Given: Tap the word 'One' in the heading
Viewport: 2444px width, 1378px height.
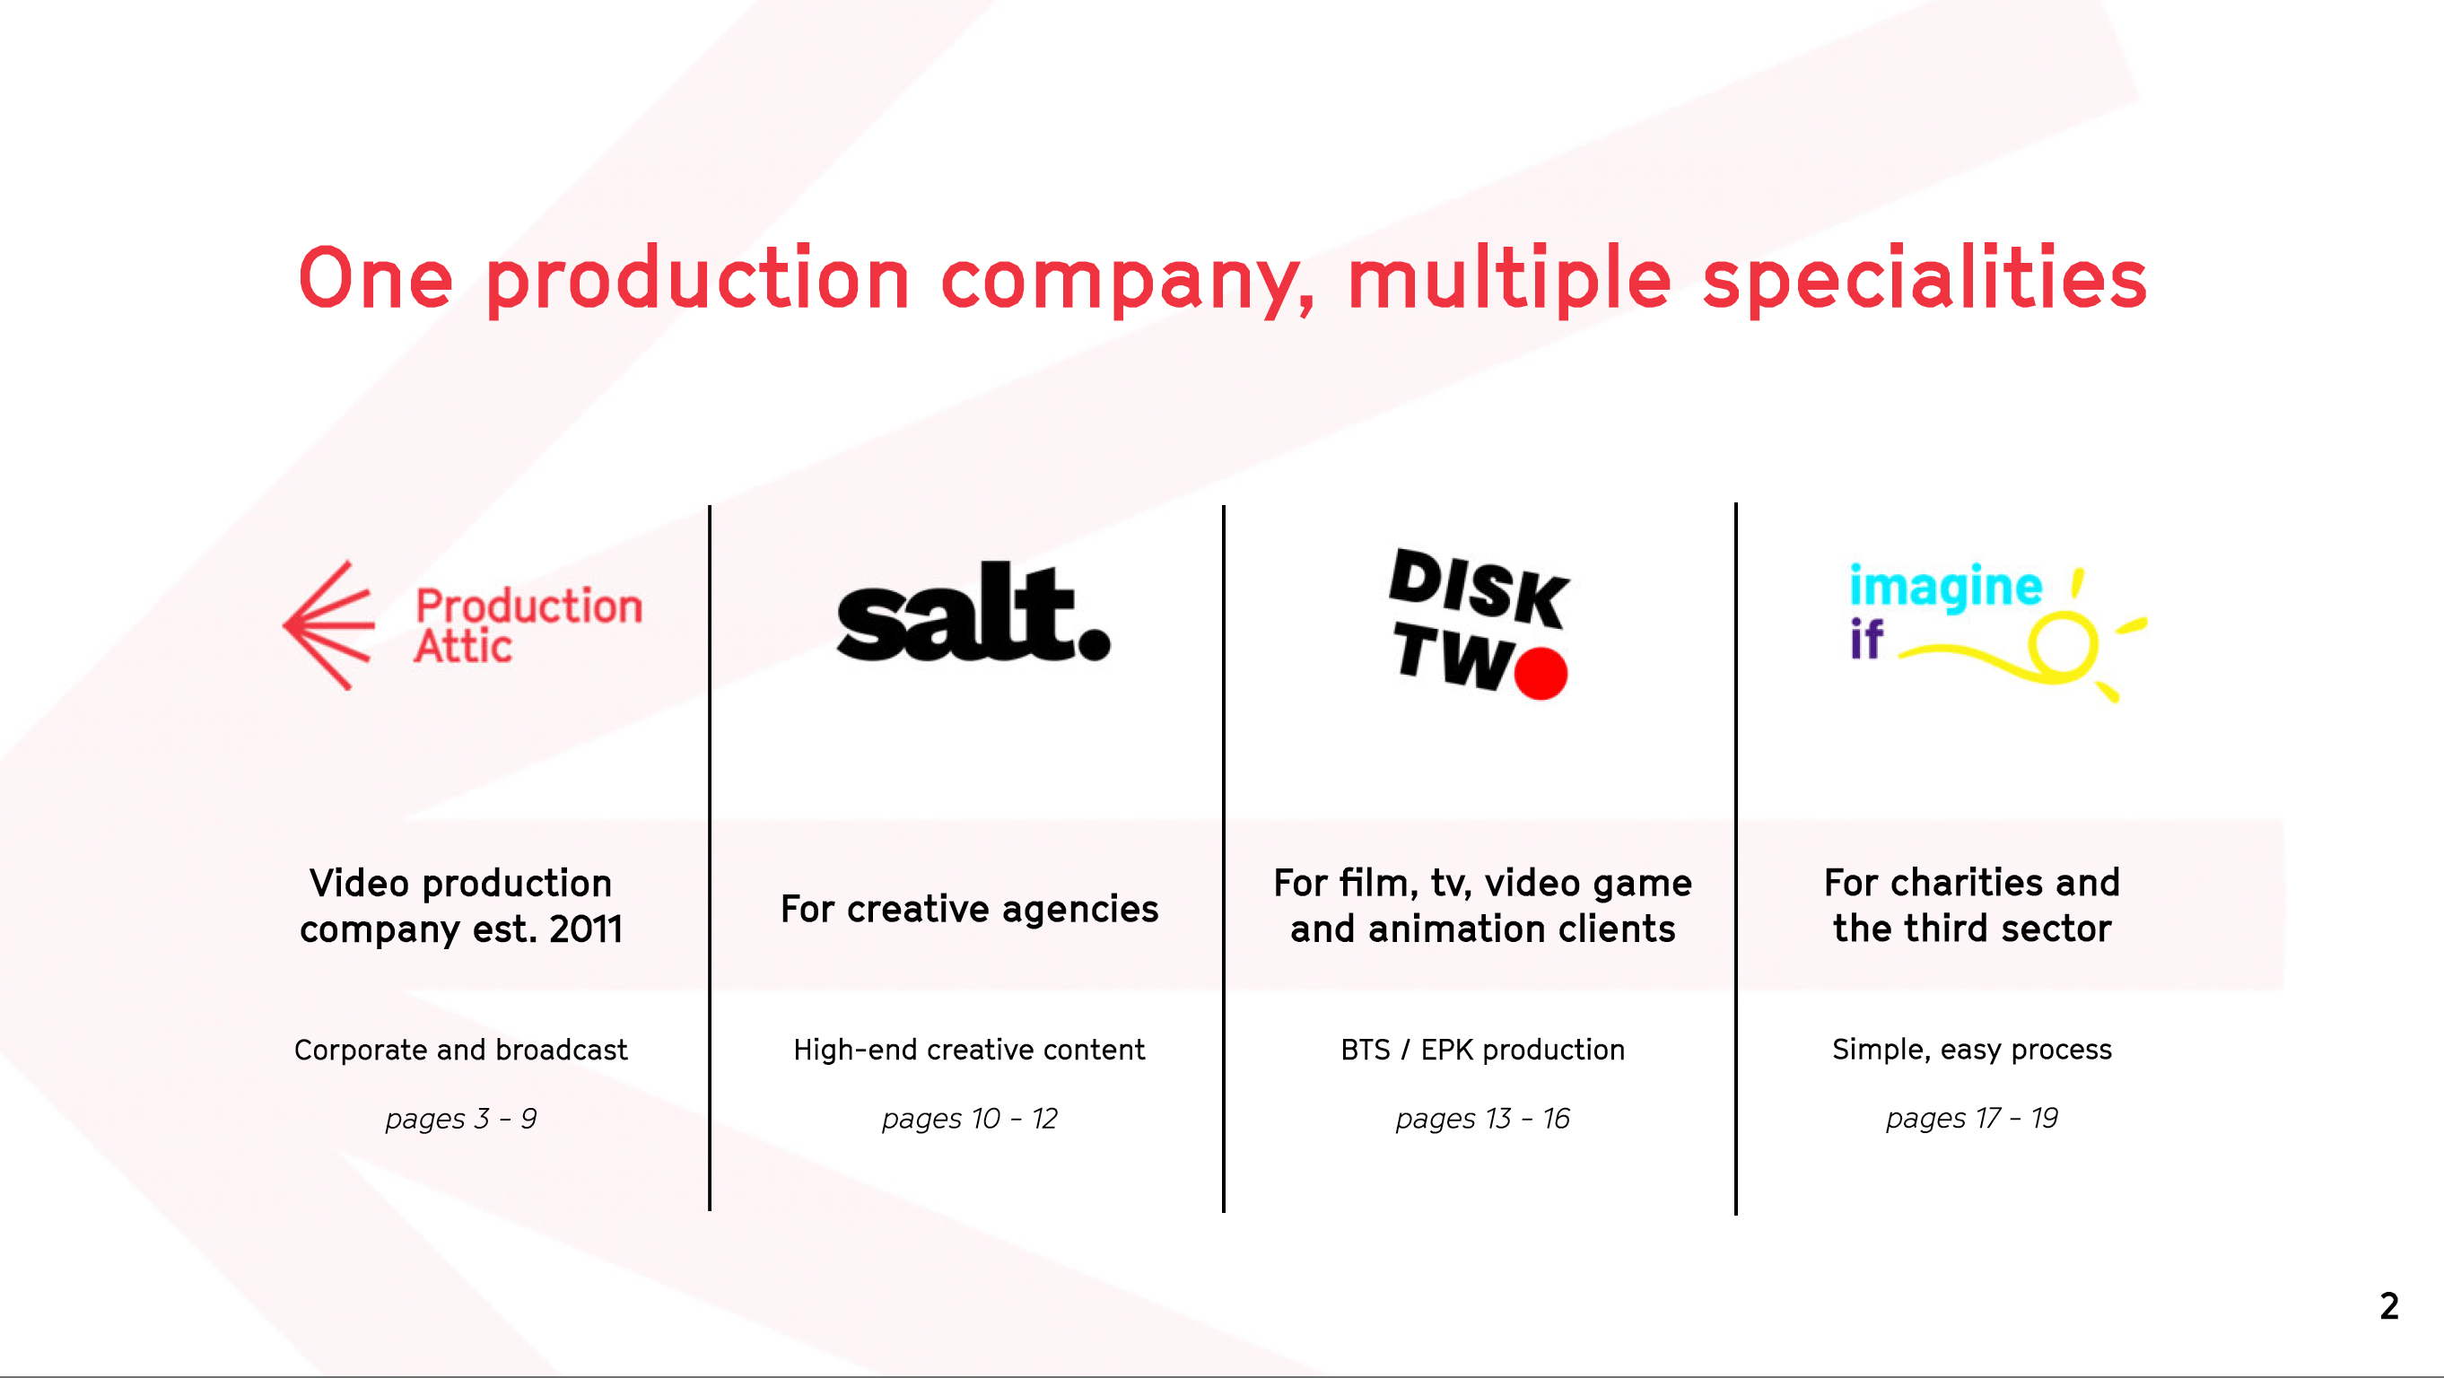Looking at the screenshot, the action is (x=376, y=277).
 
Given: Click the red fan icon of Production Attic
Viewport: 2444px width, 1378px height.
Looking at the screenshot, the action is (x=329, y=625).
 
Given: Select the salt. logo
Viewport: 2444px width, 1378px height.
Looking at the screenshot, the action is (x=973, y=612).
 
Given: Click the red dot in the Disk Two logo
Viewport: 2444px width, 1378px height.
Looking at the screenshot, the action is (x=1541, y=674).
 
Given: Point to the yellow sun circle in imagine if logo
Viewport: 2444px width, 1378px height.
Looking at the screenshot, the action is (x=2063, y=648).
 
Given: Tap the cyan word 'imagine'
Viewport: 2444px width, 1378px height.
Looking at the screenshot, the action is (x=1946, y=587).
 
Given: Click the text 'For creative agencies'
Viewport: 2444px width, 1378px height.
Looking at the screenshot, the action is (x=970, y=909).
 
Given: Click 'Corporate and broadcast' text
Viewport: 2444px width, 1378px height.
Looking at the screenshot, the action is (x=461, y=1050).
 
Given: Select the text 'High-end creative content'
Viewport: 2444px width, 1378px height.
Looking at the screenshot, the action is (x=970, y=1050).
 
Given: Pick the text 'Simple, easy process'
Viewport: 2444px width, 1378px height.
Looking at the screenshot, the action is (x=1972, y=1050).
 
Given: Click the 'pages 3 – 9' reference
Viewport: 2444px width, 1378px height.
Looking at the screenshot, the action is (x=461, y=1119).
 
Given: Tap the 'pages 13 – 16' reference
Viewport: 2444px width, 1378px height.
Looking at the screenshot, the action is (x=1483, y=1119).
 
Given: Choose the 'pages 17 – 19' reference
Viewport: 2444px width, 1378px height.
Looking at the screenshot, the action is (x=1972, y=1119).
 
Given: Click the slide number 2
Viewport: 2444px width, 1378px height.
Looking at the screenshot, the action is (x=2389, y=1307).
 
